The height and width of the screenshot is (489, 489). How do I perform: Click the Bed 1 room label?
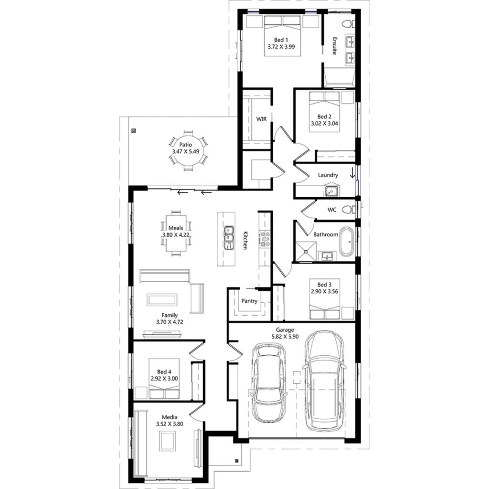point(281,40)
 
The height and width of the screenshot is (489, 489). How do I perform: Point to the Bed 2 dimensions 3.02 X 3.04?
point(324,123)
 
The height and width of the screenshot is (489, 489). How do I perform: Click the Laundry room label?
point(328,175)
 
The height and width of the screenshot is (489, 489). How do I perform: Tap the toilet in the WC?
point(352,209)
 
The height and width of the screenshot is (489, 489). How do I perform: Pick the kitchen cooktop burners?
point(265,238)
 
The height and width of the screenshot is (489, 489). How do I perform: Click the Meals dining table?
point(178,233)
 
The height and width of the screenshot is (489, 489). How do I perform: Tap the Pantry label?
point(249,301)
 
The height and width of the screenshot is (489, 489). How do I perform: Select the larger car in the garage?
point(325,380)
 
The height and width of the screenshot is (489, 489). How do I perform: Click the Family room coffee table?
point(163,299)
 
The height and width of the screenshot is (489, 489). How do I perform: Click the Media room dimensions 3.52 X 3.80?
point(170,423)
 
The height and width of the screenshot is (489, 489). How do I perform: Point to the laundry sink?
point(332,191)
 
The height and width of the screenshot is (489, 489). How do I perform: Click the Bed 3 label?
point(318,283)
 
